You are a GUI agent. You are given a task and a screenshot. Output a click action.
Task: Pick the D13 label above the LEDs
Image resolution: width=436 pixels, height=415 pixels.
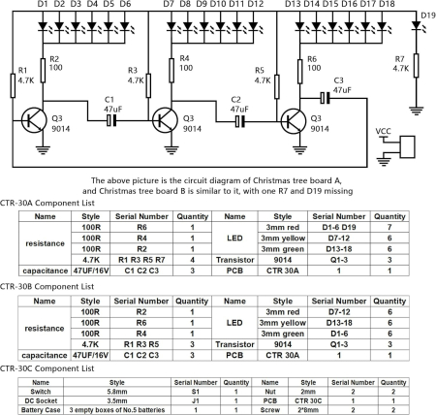click(x=292, y=5)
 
